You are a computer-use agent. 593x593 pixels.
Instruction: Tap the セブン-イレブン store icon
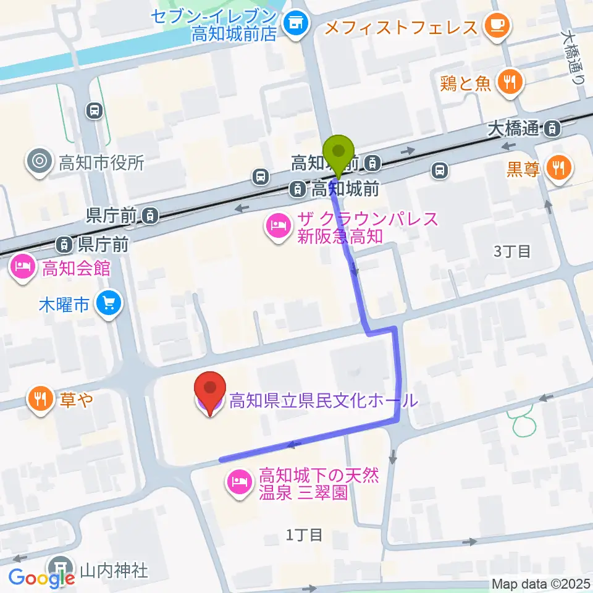[x=295, y=23]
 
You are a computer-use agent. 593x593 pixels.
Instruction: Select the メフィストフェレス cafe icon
[x=498, y=26]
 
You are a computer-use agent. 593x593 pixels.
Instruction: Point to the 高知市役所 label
[x=101, y=163]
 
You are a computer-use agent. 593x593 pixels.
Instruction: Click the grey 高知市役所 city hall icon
[x=40, y=162]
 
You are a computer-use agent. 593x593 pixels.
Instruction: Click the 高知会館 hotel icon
[x=22, y=267]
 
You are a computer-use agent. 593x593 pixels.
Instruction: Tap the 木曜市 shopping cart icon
[x=110, y=303]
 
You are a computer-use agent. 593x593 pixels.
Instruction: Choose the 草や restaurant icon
[x=40, y=399]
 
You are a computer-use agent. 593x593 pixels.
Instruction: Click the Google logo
[x=42, y=578]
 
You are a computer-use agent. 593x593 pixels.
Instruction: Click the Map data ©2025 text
[x=540, y=584]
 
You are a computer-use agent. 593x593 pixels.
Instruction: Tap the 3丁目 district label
[x=512, y=251]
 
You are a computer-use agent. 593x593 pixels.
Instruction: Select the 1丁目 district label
[x=304, y=535]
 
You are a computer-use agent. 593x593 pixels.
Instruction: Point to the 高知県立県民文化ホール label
[x=323, y=401]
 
